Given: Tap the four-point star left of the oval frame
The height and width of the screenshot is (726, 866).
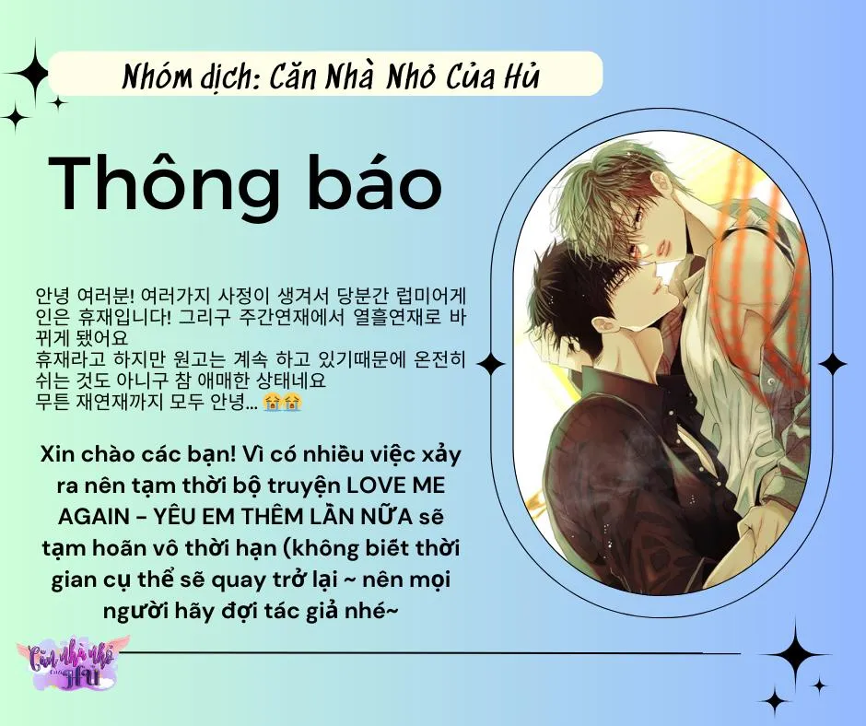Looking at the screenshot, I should pyautogui.click(x=490, y=364).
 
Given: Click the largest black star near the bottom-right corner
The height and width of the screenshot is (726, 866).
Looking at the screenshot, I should pyautogui.click(x=794, y=653).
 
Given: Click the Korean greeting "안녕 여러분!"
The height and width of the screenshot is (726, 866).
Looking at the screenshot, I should pyautogui.click(x=84, y=295).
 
